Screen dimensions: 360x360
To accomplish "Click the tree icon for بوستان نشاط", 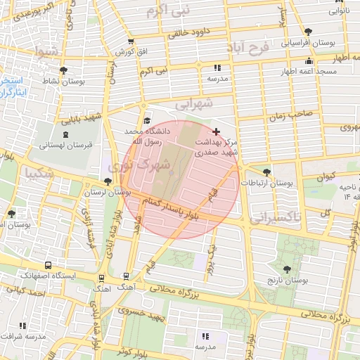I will (x=64, y=70).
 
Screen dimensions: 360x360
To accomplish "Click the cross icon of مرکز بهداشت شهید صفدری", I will (x=215, y=131).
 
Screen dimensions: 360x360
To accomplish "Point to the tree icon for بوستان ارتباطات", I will (x=266, y=172).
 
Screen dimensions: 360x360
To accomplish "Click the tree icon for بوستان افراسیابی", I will (x=308, y=31).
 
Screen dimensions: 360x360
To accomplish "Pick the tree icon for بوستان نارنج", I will (x=285, y=269).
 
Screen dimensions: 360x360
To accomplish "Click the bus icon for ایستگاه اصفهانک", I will (x=48, y=266).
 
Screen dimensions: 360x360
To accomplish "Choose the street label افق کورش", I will (x=124, y=52).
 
